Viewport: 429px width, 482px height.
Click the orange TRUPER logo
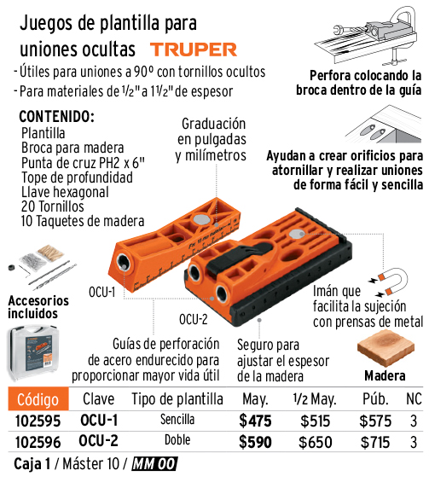coord(194,49)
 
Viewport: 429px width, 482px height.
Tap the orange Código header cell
coord(38,399)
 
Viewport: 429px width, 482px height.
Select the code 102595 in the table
coord(38,421)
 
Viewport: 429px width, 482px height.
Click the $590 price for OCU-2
coord(255,443)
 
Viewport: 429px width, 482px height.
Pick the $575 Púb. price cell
coord(375,421)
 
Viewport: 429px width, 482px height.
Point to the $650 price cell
coord(316,443)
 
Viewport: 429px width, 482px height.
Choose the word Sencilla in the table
coord(177,420)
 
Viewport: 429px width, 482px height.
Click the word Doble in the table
coord(177,440)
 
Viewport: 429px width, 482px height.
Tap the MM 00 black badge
coord(154,464)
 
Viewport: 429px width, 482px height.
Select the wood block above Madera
coord(386,348)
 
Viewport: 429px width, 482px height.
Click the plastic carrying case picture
coord(32,353)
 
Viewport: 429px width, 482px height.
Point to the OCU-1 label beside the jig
coord(102,292)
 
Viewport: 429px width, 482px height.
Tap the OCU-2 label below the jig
coord(194,320)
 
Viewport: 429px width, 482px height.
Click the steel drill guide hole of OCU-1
coord(124,263)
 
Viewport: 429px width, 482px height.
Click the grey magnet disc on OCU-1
coord(201,219)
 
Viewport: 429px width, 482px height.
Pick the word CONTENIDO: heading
coord(56,117)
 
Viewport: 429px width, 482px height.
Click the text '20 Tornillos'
coord(53,206)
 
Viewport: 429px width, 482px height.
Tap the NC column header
coord(414,399)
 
